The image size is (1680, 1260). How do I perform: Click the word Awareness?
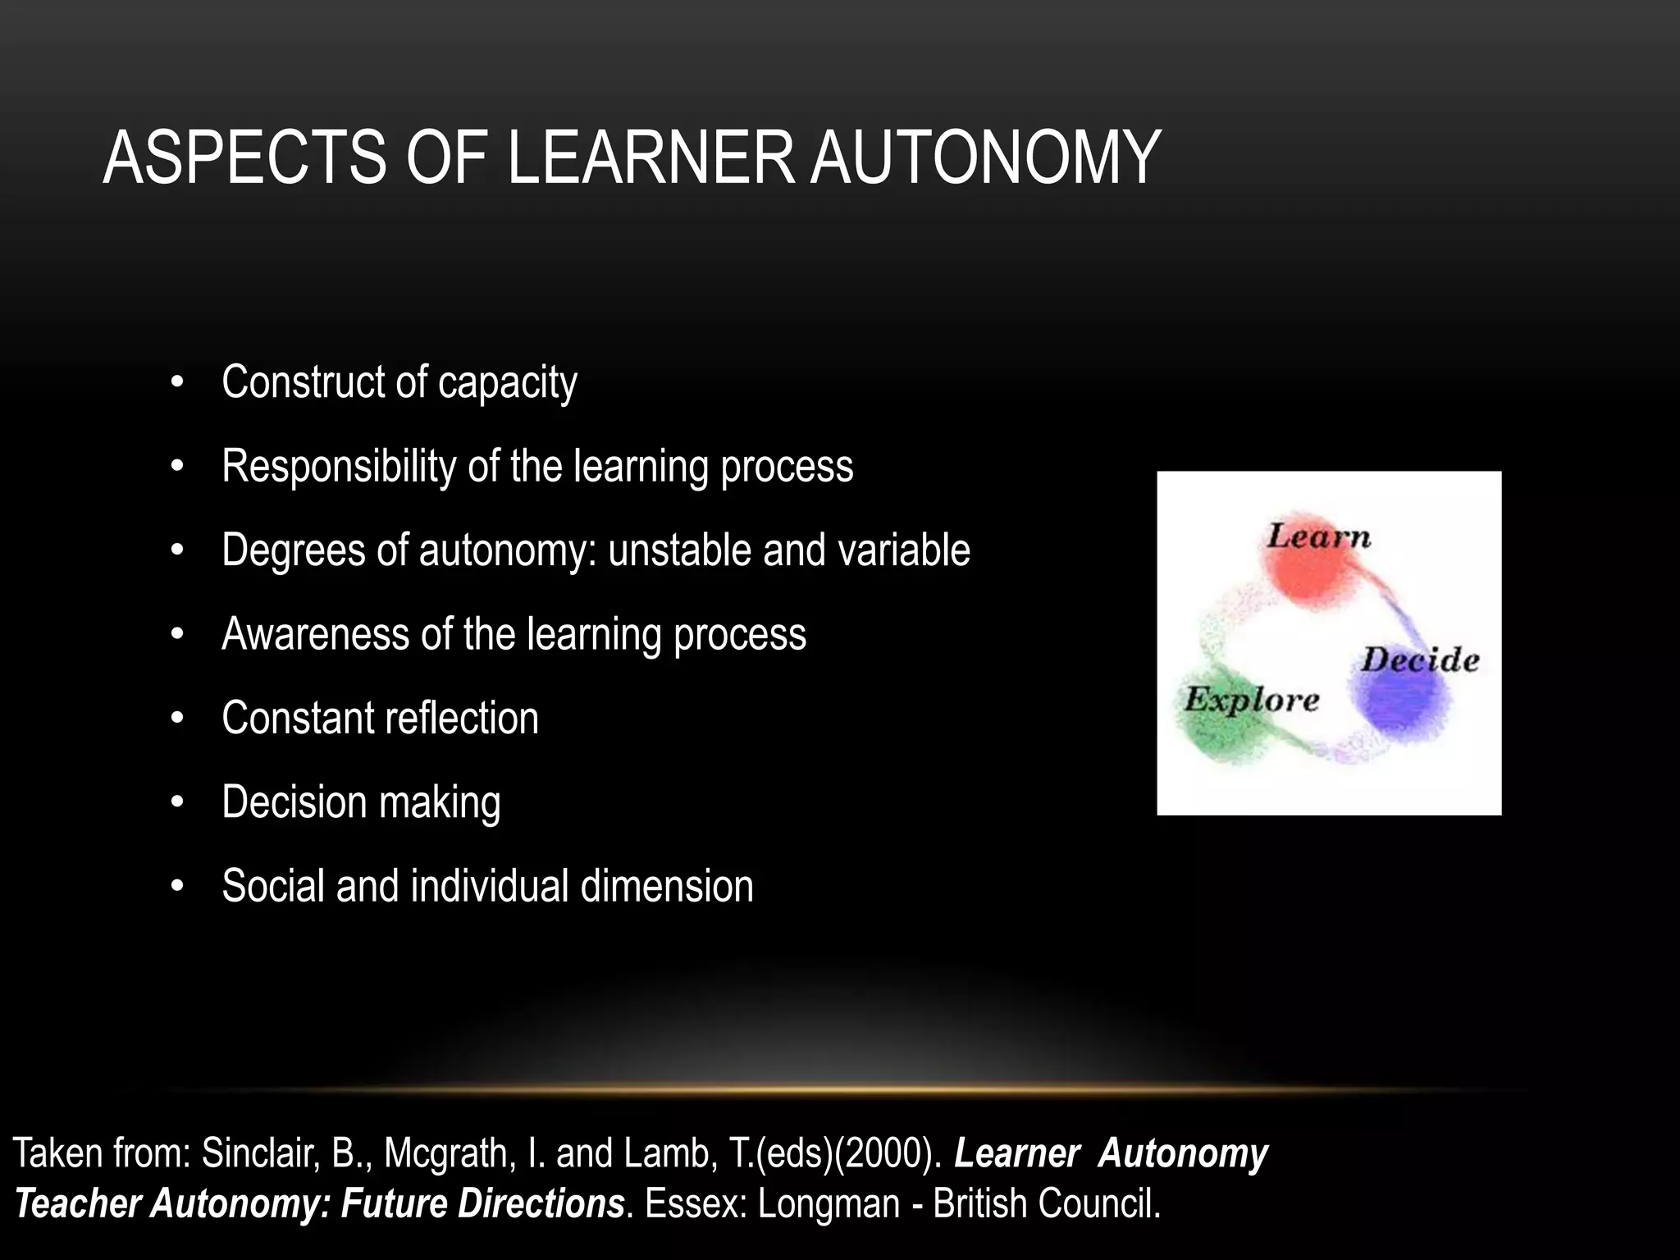click(x=315, y=634)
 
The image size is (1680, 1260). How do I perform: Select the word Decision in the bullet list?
click(x=294, y=802)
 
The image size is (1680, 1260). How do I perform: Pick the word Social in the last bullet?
click(x=272, y=886)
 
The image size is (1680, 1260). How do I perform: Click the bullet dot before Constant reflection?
click(x=177, y=719)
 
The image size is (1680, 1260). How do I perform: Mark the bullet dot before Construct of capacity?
click(x=177, y=383)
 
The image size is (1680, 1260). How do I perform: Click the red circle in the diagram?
click(x=1310, y=574)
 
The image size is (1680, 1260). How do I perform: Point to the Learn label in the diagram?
click(x=1318, y=536)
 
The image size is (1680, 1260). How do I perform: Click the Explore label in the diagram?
click(x=1251, y=700)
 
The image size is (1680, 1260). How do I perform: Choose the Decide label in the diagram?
click(x=1420, y=660)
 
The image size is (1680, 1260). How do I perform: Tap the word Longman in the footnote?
click(x=829, y=1204)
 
